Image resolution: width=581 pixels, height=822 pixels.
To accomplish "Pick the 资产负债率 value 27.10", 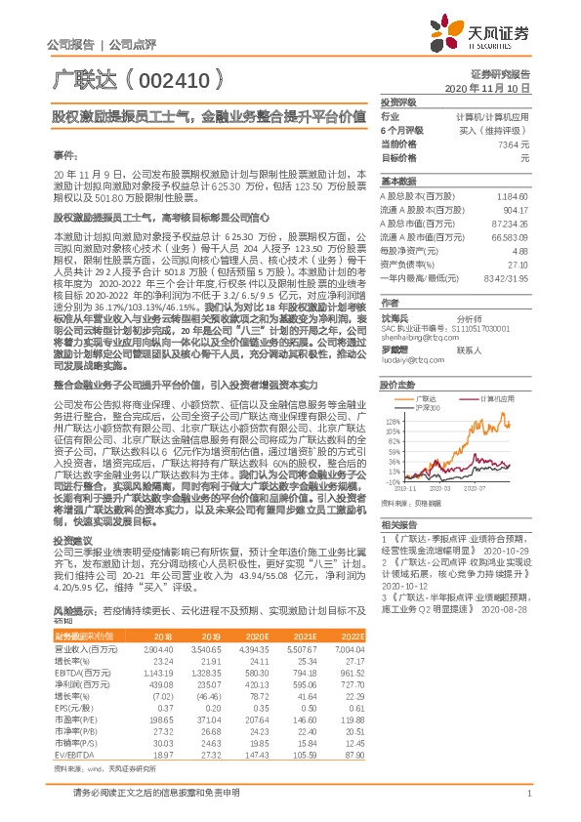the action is [518, 264].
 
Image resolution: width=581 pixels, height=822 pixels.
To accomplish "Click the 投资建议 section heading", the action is [70, 567].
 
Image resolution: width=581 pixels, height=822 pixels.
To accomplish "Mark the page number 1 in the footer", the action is [527, 804].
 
